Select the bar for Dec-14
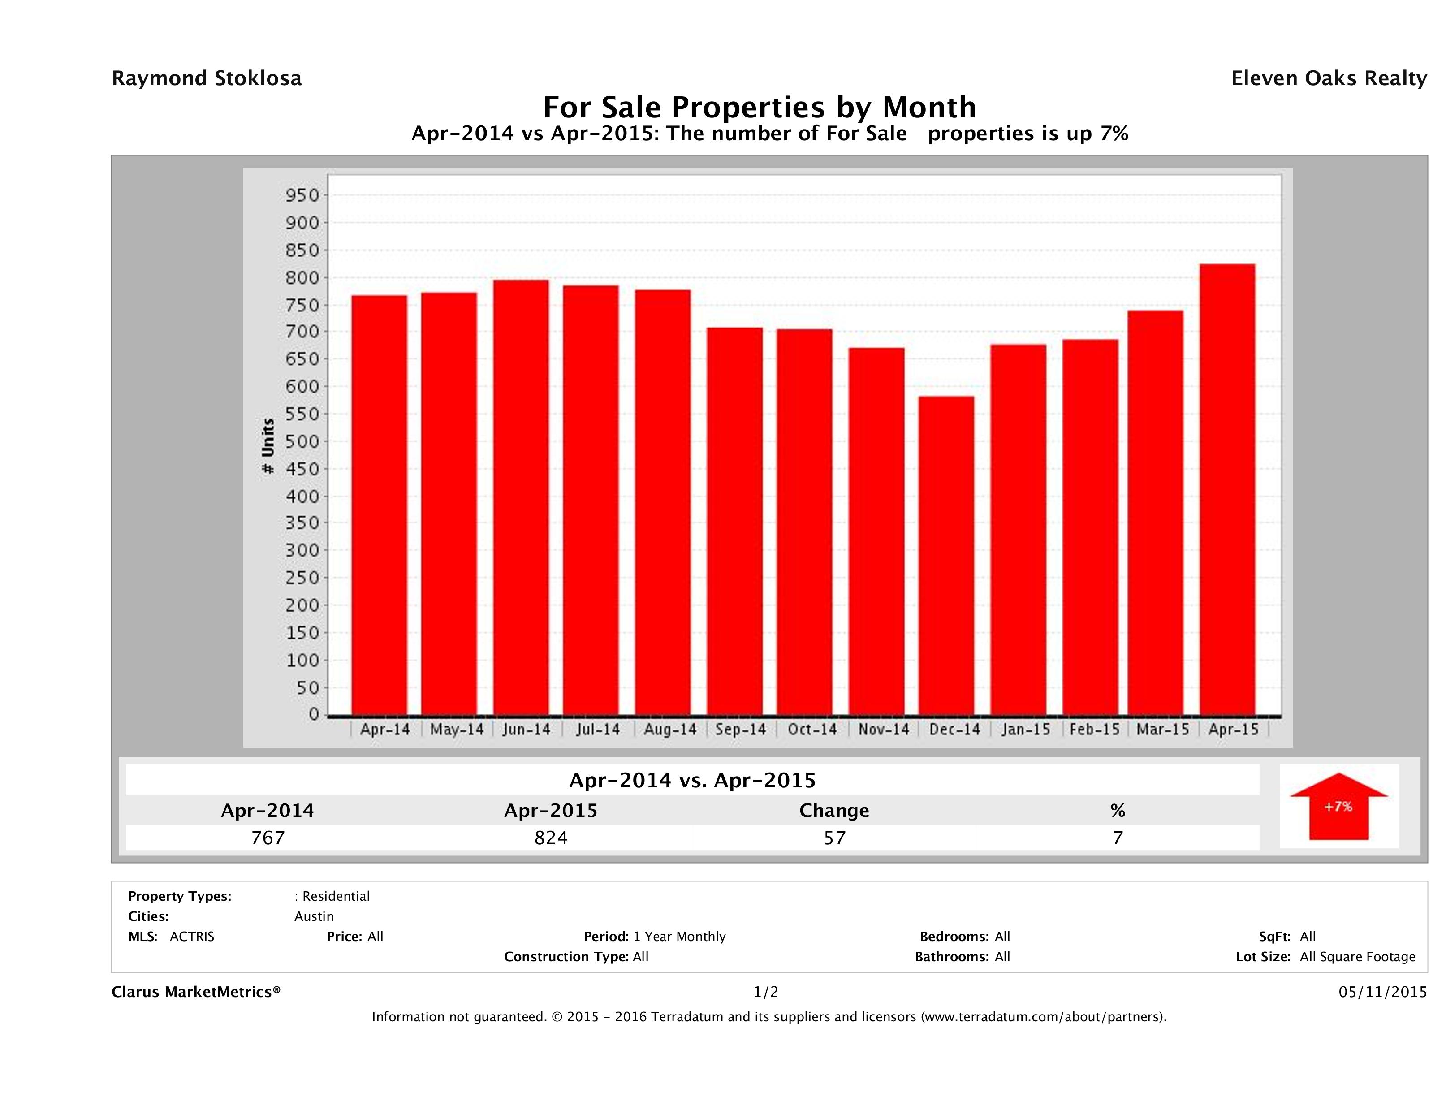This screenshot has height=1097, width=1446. coord(946,556)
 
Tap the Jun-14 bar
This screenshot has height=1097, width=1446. coord(521,497)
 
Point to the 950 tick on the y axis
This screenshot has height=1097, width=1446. coord(302,195)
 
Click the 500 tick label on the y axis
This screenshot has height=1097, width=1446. coord(302,441)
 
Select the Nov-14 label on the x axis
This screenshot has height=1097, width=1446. coord(883,730)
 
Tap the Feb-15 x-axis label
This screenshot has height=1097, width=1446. coord(1094,730)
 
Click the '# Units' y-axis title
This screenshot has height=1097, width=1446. coord(268,446)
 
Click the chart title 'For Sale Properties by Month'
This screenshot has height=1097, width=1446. coord(760,107)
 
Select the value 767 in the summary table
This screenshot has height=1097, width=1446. coord(268,838)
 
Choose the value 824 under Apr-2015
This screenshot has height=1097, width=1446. coord(551,838)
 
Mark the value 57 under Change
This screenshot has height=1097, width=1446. coord(835,838)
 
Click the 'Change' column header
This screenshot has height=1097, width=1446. coord(834,811)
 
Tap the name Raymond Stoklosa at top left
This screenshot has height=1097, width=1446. coord(207,78)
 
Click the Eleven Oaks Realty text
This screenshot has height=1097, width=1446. coord(1328,78)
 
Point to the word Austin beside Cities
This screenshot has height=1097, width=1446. coord(314,916)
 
